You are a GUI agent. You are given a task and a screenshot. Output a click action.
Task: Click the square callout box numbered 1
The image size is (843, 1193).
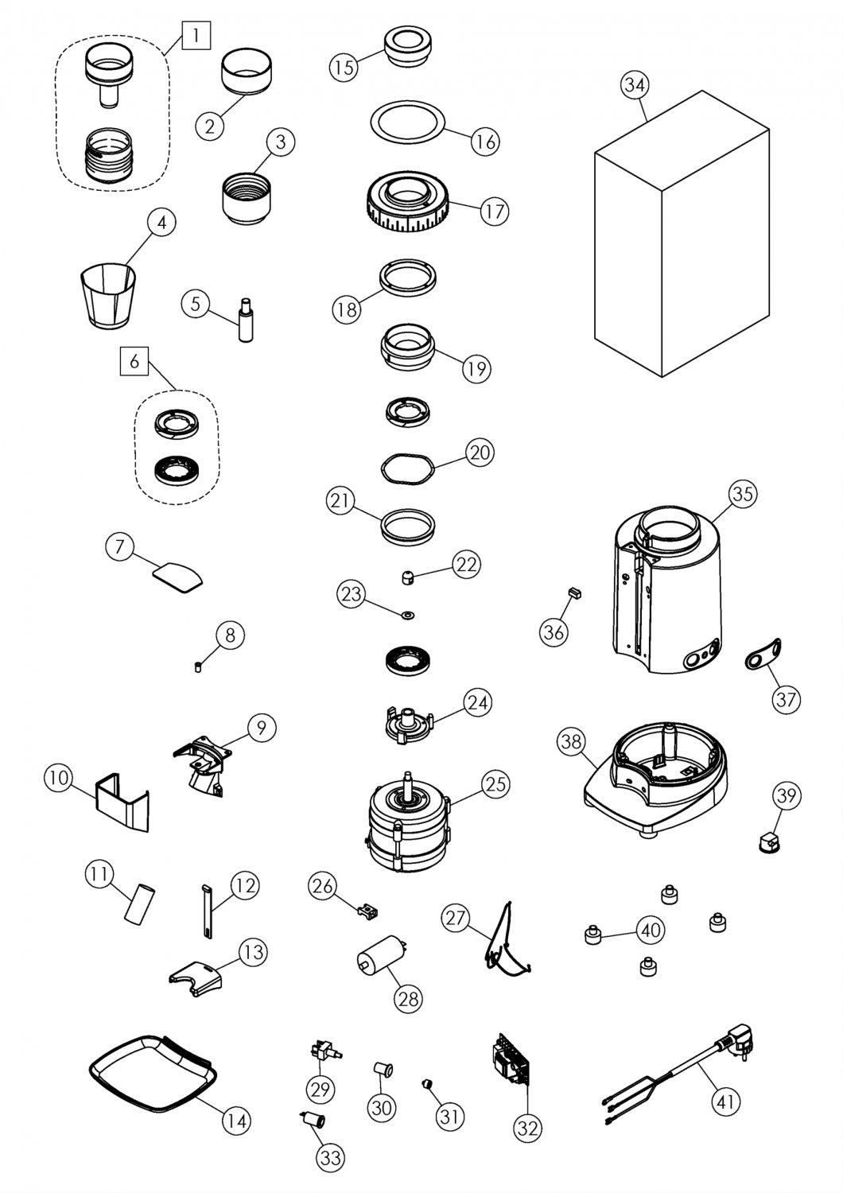point(197,35)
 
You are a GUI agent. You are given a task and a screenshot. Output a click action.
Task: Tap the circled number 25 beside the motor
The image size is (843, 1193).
point(495,785)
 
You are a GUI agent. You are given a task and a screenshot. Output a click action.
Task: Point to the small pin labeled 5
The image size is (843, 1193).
point(245,320)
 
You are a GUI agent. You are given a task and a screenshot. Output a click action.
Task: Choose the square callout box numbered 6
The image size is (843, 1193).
point(134,362)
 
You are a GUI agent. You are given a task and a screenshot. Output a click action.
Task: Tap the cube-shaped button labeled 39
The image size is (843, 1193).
point(768,841)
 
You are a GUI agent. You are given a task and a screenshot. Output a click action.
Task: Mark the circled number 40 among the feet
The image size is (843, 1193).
point(651,930)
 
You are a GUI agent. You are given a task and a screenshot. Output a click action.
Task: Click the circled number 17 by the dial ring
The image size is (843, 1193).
point(494,212)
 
